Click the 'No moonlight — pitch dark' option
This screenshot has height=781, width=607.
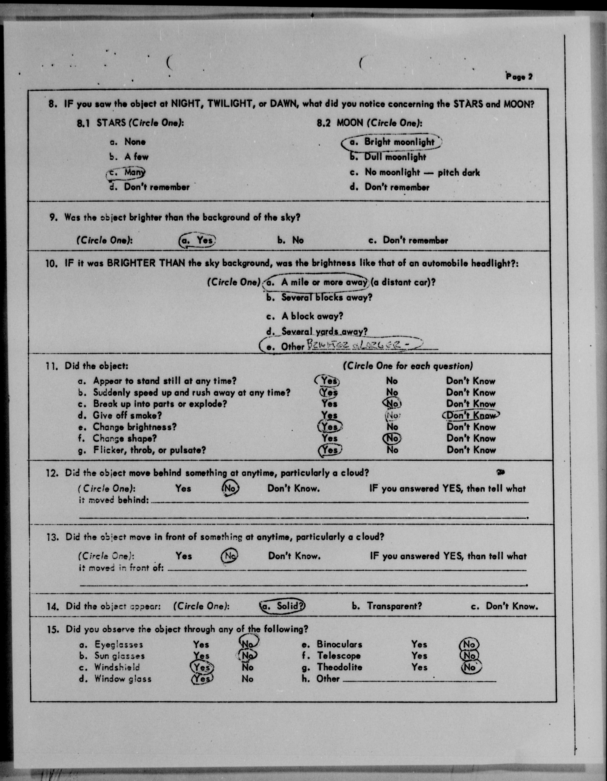415,172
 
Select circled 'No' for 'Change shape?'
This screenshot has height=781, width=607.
392,438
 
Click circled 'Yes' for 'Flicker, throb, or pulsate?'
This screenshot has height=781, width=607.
330,450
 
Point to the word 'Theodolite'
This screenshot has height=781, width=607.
339,667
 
